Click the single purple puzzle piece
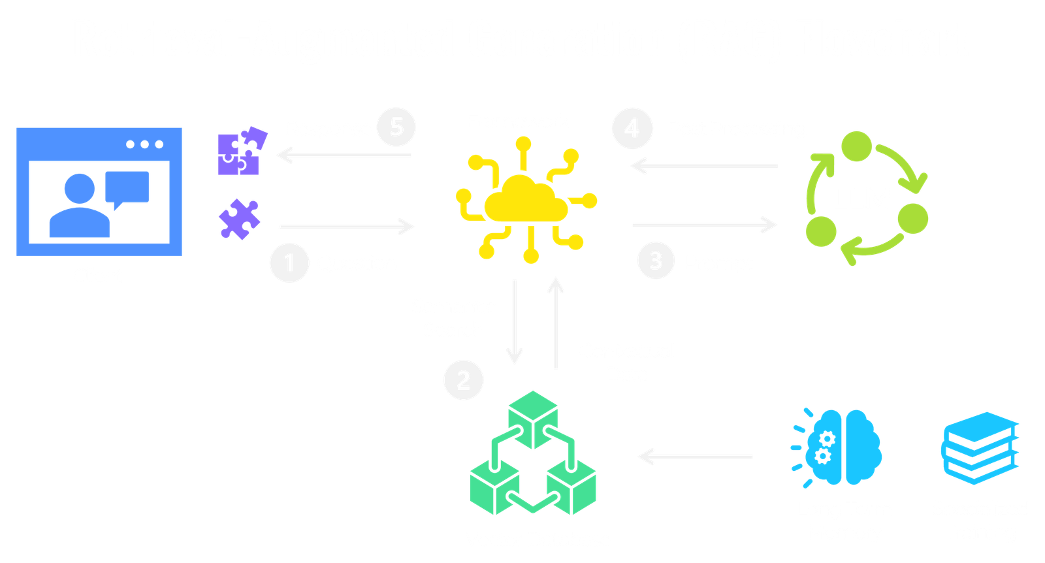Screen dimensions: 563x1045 click(x=239, y=219)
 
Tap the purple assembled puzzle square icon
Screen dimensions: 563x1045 click(x=241, y=151)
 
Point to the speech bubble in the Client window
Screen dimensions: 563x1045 click(x=127, y=188)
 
